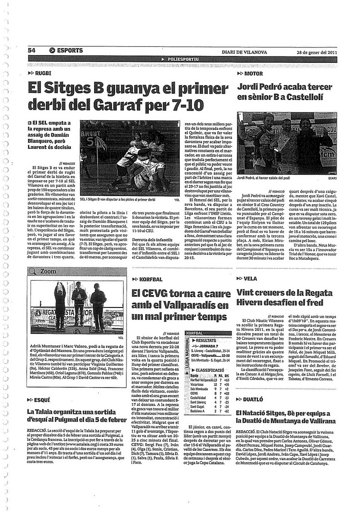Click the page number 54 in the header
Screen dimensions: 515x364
[x=31, y=50]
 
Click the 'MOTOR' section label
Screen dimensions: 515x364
[x=253, y=73]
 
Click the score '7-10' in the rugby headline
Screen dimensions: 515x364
[x=182, y=105]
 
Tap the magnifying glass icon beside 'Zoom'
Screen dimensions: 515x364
[x=32, y=271]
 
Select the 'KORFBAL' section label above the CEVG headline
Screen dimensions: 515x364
[x=152, y=279]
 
